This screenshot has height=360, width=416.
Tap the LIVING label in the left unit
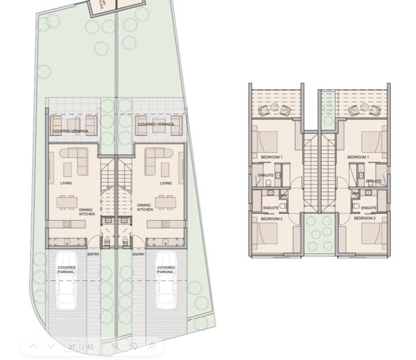coord(66,183)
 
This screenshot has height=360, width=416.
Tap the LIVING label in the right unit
coord(166,183)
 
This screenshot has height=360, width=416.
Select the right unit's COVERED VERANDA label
coord(156,125)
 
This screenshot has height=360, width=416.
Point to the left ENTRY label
coord(93,254)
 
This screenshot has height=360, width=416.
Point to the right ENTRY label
coord(138,254)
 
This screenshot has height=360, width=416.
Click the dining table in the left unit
coord(66,201)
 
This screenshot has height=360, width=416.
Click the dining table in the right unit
coord(166,201)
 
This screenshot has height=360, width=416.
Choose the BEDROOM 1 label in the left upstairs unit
coord(271,157)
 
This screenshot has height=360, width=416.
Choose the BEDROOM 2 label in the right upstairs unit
coord(365,219)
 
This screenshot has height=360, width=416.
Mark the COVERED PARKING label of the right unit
coord(166,269)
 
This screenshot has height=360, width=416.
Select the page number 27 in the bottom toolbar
coord(72,347)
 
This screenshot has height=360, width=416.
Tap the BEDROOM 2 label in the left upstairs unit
coord(271,219)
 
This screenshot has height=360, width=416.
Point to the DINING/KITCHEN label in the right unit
coord(145,207)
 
